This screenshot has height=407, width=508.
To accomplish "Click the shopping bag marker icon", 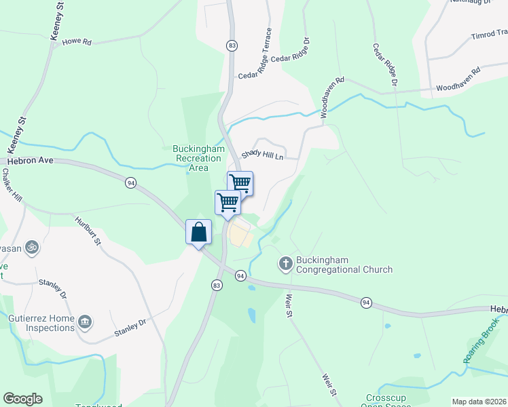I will tap(198, 232).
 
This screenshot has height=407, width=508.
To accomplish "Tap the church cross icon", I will tap(286, 263).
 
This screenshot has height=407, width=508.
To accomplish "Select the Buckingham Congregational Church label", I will tap(343, 265).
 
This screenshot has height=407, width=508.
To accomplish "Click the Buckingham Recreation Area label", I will tap(199, 158).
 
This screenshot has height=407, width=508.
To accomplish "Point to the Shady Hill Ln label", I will tap(270, 155).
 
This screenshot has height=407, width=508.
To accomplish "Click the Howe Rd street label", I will tap(76, 41).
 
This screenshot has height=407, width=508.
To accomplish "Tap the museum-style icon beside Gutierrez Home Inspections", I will tap(85, 321).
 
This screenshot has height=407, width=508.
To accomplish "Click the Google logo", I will tap(22, 399).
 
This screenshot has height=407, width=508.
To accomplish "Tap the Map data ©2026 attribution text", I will tap(479, 402).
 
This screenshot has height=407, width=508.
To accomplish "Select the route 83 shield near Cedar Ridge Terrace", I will tap(232, 45).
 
